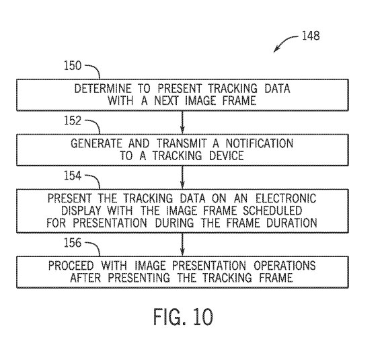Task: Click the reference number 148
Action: pyautogui.click(x=311, y=36)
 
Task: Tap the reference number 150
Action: pyautogui.click(x=73, y=65)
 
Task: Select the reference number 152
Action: pyautogui.click(x=73, y=120)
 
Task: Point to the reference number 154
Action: pyautogui.click(x=73, y=176)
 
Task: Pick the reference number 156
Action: pyautogui.click(x=73, y=243)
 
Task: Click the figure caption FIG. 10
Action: pyautogui.click(x=183, y=317)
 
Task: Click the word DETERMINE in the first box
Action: pyautogui.click(x=103, y=88)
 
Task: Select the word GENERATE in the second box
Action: pyautogui.click(x=96, y=143)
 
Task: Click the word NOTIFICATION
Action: pyautogui.click(x=259, y=143)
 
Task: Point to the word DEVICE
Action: pyautogui.click(x=227, y=155)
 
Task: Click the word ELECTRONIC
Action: pyautogui.click(x=286, y=198)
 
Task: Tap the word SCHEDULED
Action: pyautogui.click(x=272, y=211)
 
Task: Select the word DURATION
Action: pyautogui.click(x=291, y=223)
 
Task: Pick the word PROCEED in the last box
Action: pyautogui.click(x=71, y=265)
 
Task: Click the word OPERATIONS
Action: pyautogui.click(x=284, y=265)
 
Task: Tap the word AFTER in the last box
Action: pyautogui.click(x=85, y=278)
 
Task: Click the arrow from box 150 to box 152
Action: pyautogui.click(x=182, y=122)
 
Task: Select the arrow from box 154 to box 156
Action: pyautogui.click(x=182, y=245)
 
